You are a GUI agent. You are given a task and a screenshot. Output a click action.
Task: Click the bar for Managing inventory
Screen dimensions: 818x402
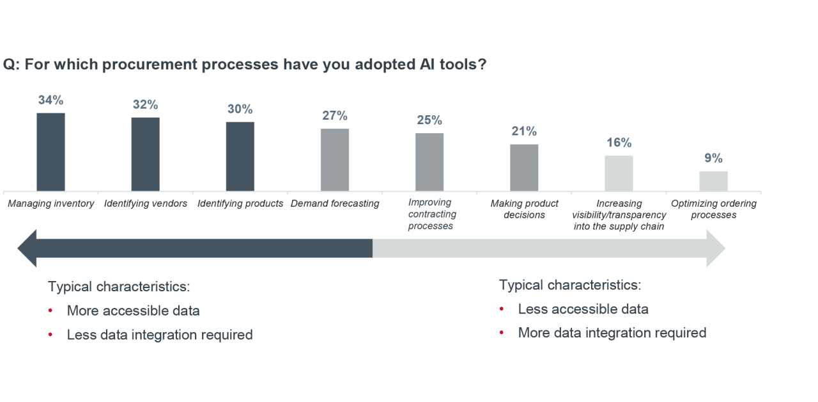50,152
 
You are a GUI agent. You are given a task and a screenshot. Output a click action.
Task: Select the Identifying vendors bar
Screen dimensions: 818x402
145,154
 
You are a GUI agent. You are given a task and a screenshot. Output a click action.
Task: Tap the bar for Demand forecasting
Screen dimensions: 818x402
335,160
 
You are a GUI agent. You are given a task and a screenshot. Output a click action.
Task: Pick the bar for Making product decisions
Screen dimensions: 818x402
524,168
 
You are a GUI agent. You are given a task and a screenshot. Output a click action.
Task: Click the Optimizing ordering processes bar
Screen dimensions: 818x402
714,181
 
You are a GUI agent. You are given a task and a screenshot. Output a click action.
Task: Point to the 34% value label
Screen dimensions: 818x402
50,100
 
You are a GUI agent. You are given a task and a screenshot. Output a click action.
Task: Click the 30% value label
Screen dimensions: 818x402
240,109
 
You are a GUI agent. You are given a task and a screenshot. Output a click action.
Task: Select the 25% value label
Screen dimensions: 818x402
429,120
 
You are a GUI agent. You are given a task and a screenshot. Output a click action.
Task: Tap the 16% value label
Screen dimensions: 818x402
619,142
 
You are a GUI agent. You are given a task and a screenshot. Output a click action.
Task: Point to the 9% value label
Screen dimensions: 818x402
714,158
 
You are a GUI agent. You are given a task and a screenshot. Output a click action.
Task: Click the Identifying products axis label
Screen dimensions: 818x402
240,204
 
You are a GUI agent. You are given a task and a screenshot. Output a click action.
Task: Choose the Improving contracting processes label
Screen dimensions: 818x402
432,214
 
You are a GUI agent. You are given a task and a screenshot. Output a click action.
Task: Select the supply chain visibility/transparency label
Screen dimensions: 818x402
619,214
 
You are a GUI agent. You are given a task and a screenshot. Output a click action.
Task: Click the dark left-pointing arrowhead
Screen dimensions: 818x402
27,248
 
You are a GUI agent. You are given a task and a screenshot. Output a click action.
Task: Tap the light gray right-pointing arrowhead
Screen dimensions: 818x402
716,248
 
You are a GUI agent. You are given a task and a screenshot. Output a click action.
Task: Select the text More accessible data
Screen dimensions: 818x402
134,310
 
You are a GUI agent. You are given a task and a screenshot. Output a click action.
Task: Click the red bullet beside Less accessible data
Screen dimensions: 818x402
502,309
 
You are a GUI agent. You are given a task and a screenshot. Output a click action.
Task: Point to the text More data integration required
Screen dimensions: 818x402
612,333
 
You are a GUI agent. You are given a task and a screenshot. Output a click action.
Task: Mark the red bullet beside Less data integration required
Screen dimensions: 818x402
50,335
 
